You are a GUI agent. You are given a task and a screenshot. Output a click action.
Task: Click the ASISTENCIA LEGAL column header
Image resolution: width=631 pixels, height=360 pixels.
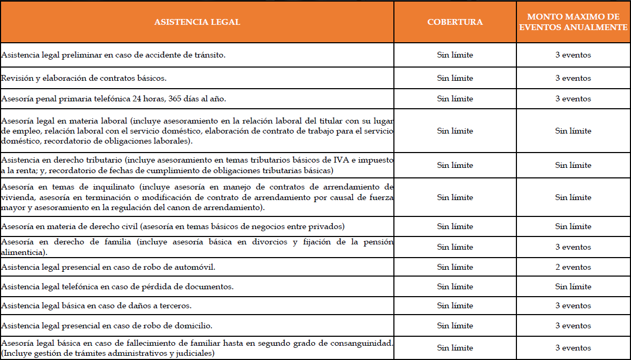pos(197,22)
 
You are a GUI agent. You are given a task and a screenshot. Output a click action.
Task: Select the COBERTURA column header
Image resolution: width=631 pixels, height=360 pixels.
pos(455,22)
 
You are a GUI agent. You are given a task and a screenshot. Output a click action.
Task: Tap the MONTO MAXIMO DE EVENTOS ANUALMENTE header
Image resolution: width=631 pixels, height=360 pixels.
pos(573,22)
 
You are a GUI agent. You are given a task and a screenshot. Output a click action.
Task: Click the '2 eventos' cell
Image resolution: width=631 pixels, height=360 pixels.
pos(573,267)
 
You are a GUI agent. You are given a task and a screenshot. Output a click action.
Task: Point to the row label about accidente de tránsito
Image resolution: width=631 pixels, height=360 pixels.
pos(114,55)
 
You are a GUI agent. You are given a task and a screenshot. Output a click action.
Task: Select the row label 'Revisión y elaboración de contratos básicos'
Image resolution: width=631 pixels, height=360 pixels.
pos(84,78)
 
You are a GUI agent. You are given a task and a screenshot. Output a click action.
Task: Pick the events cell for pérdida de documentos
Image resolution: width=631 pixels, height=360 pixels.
pos(573,287)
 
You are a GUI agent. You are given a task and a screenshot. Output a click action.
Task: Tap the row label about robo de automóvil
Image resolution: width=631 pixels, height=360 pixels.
pos(108,267)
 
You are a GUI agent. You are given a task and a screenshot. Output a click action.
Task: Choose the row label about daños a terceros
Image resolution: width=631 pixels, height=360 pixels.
pos(96,306)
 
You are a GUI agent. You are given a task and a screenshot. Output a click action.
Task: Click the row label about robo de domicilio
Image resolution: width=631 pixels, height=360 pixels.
pos(107,326)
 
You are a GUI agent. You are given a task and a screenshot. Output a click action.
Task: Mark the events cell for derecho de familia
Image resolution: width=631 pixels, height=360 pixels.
pos(573,247)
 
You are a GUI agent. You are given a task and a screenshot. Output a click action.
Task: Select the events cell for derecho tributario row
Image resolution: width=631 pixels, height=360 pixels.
pos(573,165)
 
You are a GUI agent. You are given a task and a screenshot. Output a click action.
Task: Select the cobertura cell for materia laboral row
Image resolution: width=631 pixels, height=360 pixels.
pos(455,131)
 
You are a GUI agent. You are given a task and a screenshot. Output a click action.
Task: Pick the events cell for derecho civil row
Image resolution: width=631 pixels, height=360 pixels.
pos(573,226)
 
